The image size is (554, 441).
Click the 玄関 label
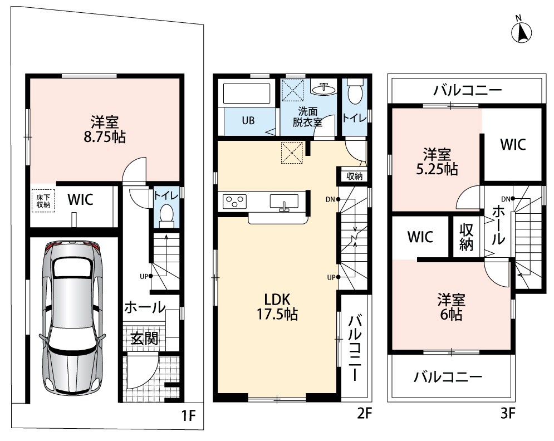pyautogui.click(x=144, y=339)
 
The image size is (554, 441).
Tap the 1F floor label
pyautogui.click(x=188, y=415)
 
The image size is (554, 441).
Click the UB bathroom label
pyautogui.click(x=248, y=121)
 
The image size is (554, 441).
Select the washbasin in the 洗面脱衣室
pyautogui.click(x=323, y=89)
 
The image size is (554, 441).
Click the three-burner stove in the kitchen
pyautogui.click(x=234, y=202)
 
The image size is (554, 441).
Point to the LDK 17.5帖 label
pyautogui.click(x=277, y=307)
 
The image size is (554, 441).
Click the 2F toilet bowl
pyautogui.click(x=353, y=91)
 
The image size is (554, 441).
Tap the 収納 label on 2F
pyautogui.click(x=354, y=176)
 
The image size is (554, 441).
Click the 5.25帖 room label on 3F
pyautogui.click(x=437, y=162)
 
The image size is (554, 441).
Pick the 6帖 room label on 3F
pyautogui.click(x=451, y=307)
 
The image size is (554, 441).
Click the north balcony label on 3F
pyautogui.click(x=468, y=90)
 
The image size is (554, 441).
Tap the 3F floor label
pyautogui.click(x=508, y=413)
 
